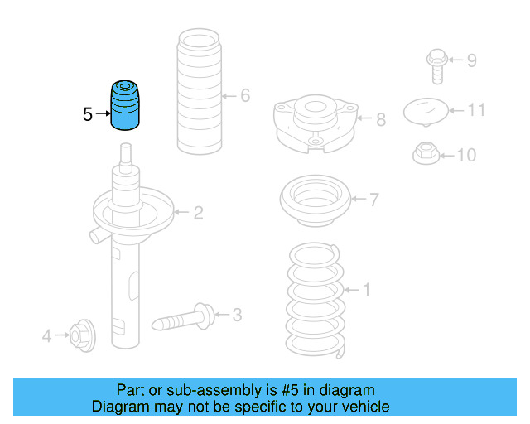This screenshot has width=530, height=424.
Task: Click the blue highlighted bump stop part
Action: pyautogui.click(x=126, y=105)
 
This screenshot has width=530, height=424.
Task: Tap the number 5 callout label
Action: pyautogui.click(x=88, y=115)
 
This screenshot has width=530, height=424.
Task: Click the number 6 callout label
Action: pyautogui.click(x=245, y=96)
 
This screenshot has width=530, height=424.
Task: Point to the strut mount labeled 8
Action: pyautogui.click(x=316, y=123)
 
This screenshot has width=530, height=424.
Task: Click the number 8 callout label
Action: pyautogui.click(x=381, y=120)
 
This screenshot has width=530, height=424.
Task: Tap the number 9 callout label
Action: pyautogui.click(x=472, y=60)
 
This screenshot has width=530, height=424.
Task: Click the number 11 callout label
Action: pyautogui.click(x=476, y=109)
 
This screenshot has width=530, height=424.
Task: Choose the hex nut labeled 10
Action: pyautogui.click(x=424, y=153)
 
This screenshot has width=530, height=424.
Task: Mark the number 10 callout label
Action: pyautogui.click(x=467, y=155)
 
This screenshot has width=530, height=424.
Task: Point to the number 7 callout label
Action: pyautogui.click(x=374, y=200)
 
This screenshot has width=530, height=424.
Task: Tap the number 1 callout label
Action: pyautogui.click(x=367, y=290)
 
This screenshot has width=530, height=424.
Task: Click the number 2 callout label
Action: pyautogui.click(x=198, y=214)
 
